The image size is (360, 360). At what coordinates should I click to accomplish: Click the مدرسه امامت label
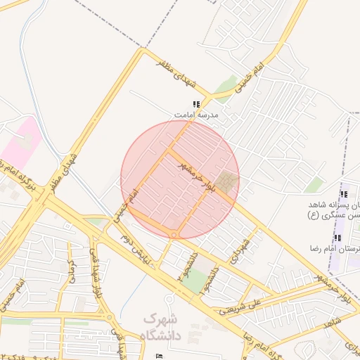197,114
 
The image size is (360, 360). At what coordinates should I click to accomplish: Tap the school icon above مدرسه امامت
195,104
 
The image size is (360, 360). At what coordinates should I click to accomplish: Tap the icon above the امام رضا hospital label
337,238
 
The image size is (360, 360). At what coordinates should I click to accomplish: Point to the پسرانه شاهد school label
337,204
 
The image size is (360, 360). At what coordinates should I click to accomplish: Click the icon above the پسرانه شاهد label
343,194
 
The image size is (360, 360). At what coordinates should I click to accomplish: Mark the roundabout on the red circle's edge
173,235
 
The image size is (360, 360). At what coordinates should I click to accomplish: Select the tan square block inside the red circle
226,184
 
